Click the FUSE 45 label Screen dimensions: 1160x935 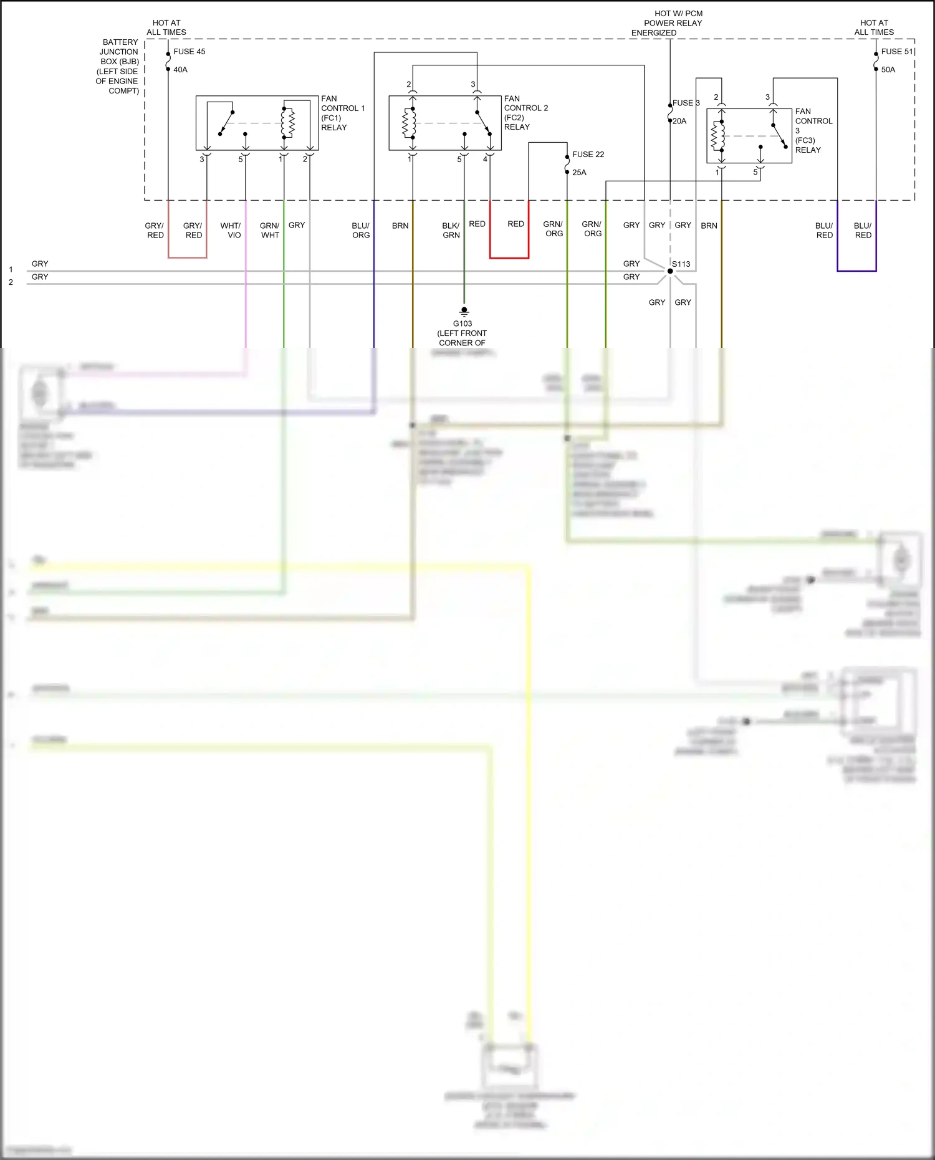(x=189, y=52)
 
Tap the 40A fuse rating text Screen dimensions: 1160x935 (x=180, y=70)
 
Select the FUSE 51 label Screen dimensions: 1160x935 (x=896, y=52)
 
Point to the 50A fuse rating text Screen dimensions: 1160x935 (x=888, y=70)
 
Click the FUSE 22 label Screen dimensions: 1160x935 (x=588, y=155)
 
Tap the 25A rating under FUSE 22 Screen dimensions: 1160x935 (x=579, y=173)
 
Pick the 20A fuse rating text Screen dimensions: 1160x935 (x=679, y=122)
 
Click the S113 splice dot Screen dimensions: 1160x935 (x=670, y=271)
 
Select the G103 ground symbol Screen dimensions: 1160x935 (x=464, y=311)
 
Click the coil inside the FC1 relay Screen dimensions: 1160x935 (x=287, y=123)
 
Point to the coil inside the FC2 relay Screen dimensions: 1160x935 (x=409, y=123)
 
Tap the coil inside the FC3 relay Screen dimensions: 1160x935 (x=718, y=136)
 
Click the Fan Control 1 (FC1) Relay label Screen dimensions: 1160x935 (x=342, y=113)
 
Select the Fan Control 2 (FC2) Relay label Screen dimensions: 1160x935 (x=525, y=113)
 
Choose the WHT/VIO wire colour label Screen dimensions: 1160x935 (x=231, y=230)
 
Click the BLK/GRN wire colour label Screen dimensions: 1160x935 (x=451, y=230)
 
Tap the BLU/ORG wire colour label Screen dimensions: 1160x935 (x=361, y=230)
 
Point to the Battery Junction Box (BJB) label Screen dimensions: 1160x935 (x=118, y=66)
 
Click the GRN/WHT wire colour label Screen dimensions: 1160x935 (x=270, y=230)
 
